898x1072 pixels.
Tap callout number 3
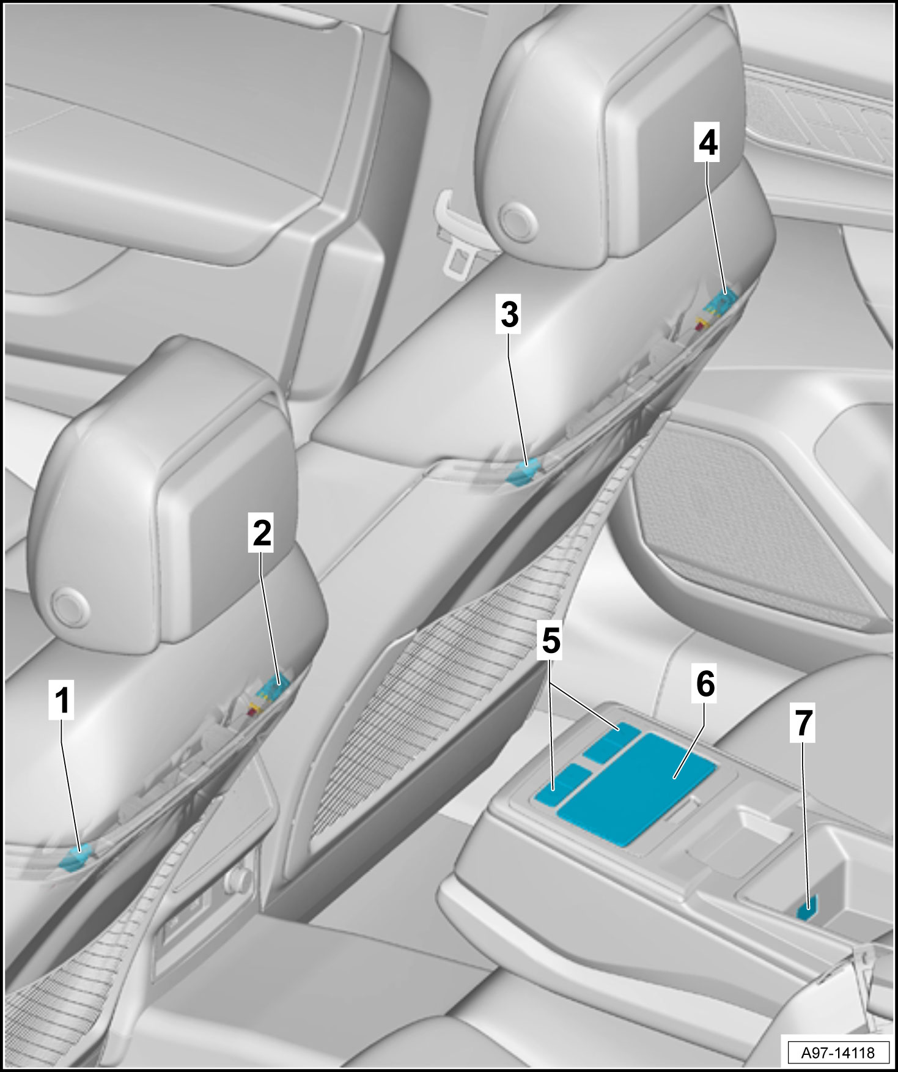(509, 315)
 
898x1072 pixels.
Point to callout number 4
(708, 143)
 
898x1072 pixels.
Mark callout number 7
(804, 723)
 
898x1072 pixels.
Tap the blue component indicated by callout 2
(273, 690)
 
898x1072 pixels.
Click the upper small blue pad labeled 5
(612, 742)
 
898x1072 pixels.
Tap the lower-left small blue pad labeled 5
(562, 787)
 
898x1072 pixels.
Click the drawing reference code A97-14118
(838, 1052)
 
